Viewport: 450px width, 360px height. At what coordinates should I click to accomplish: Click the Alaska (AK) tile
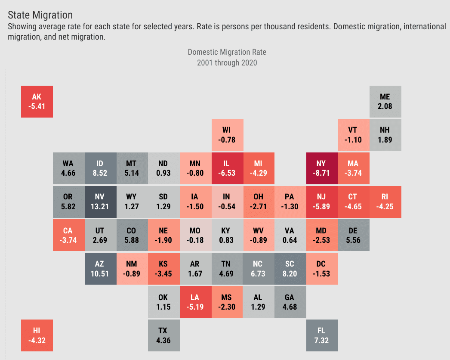click(x=37, y=102)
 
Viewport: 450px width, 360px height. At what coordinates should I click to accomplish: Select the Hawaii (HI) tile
click(x=37, y=335)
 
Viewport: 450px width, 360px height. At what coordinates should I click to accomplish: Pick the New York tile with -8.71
click(x=321, y=168)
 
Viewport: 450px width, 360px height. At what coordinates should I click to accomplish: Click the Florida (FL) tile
click(x=321, y=335)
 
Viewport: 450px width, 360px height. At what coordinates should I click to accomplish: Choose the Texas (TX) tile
click(x=163, y=335)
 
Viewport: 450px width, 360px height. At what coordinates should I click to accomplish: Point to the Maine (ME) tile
click(x=385, y=102)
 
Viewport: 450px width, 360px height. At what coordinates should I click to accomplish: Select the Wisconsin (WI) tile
click(x=226, y=135)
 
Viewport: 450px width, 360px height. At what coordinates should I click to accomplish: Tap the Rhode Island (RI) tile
click(x=385, y=202)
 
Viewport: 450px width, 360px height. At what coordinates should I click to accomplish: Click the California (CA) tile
click(x=68, y=235)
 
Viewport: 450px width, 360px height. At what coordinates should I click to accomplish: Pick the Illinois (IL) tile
click(x=226, y=168)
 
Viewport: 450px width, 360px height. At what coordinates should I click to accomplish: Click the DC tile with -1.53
click(x=321, y=268)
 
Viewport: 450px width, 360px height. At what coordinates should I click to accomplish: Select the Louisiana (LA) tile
click(x=195, y=302)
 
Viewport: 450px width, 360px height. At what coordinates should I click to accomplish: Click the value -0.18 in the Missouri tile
click(x=195, y=240)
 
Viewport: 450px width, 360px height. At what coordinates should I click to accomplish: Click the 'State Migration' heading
click(x=40, y=15)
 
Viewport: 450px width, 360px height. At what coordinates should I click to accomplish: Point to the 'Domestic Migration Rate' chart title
click(x=227, y=52)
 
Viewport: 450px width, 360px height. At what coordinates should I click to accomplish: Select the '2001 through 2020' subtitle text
click(x=227, y=63)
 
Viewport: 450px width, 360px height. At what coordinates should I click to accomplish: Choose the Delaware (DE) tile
click(x=353, y=235)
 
